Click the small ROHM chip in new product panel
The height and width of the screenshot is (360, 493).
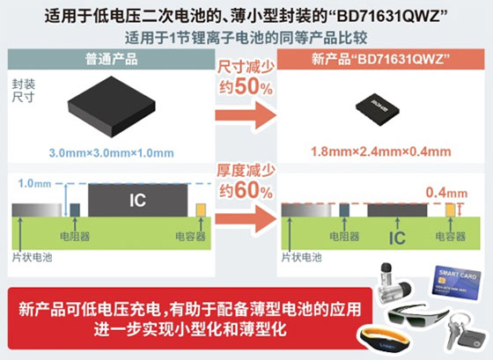379,108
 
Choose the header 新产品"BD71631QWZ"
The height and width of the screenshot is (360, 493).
379,57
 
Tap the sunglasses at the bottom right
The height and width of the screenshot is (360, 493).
409,314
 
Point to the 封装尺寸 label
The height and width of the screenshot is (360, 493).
25,92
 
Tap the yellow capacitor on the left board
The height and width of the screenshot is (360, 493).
201,210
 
